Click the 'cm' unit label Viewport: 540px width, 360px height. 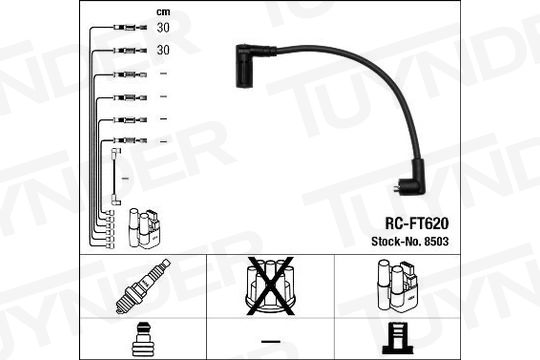[x=163, y=12]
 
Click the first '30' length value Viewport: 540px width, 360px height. [x=163, y=28]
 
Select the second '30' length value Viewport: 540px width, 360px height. [x=163, y=50]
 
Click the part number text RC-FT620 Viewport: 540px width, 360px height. [x=417, y=224]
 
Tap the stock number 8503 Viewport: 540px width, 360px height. [x=436, y=241]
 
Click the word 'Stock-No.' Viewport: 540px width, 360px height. [x=396, y=241]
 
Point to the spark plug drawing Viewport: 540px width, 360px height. [x=143, y=286]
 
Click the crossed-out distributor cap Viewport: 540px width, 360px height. [x=270, y=286]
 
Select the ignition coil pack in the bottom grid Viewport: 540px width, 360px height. [x=397, y=286]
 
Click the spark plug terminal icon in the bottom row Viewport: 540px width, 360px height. [x=143, y=339]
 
